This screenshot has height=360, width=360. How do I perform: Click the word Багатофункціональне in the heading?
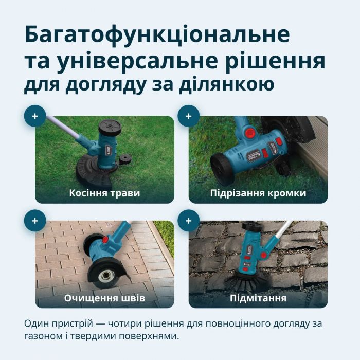pos(157,35)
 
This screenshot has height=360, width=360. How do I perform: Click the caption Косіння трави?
pos(105,193)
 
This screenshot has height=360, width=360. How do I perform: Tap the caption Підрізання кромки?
pos(258,193)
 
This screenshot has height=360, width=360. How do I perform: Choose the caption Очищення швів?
pos(105,298)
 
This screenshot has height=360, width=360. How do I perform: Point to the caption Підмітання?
pos(258,298)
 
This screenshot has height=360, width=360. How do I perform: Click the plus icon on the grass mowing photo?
pos(35,116)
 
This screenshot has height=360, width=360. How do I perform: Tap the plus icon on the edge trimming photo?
pos(189,116)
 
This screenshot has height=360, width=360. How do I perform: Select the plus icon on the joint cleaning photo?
pos(35,221)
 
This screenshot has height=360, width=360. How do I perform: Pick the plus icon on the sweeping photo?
pos(189,221)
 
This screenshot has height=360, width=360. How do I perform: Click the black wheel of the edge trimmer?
pos(222,168)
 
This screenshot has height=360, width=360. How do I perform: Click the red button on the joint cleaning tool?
pos(106,240)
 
